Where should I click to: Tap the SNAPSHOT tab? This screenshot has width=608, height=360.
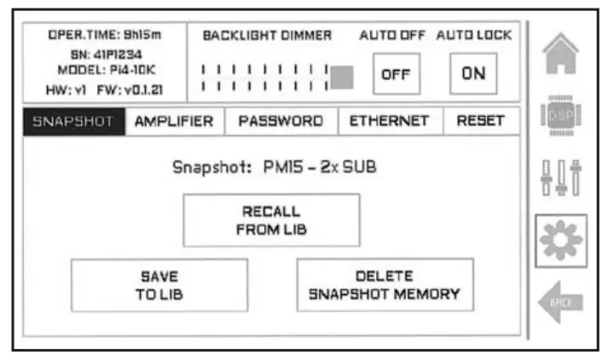[x=72, y=121]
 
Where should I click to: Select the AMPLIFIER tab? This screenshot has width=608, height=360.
[x=174, y=121]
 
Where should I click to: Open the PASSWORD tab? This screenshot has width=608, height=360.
[x=281, y=121]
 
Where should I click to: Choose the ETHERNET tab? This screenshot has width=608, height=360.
[x=390, y=121]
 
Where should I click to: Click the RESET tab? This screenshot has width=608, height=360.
[x=481, y=121]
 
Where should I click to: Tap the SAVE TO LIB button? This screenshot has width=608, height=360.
[x=159, y=285]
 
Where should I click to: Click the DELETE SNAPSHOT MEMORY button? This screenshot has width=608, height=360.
[x=385, y=285]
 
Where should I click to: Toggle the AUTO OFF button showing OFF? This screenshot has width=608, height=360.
[x=396, y=74]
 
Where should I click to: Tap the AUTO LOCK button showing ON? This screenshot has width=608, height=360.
[x=473, y=73]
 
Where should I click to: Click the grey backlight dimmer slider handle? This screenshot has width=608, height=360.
[x=342, y=77]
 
